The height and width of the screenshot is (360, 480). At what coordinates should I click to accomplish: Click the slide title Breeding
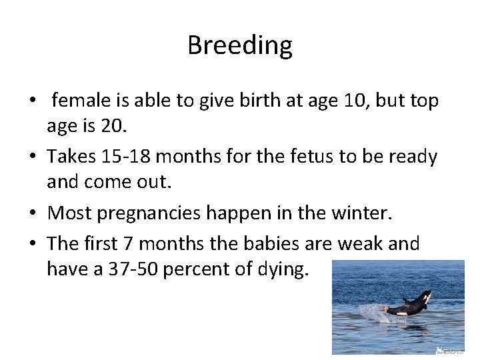[239, 45]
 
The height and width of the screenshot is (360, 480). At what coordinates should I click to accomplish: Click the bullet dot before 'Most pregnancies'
[33, 214]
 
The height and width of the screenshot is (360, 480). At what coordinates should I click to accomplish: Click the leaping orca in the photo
[411, 304]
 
